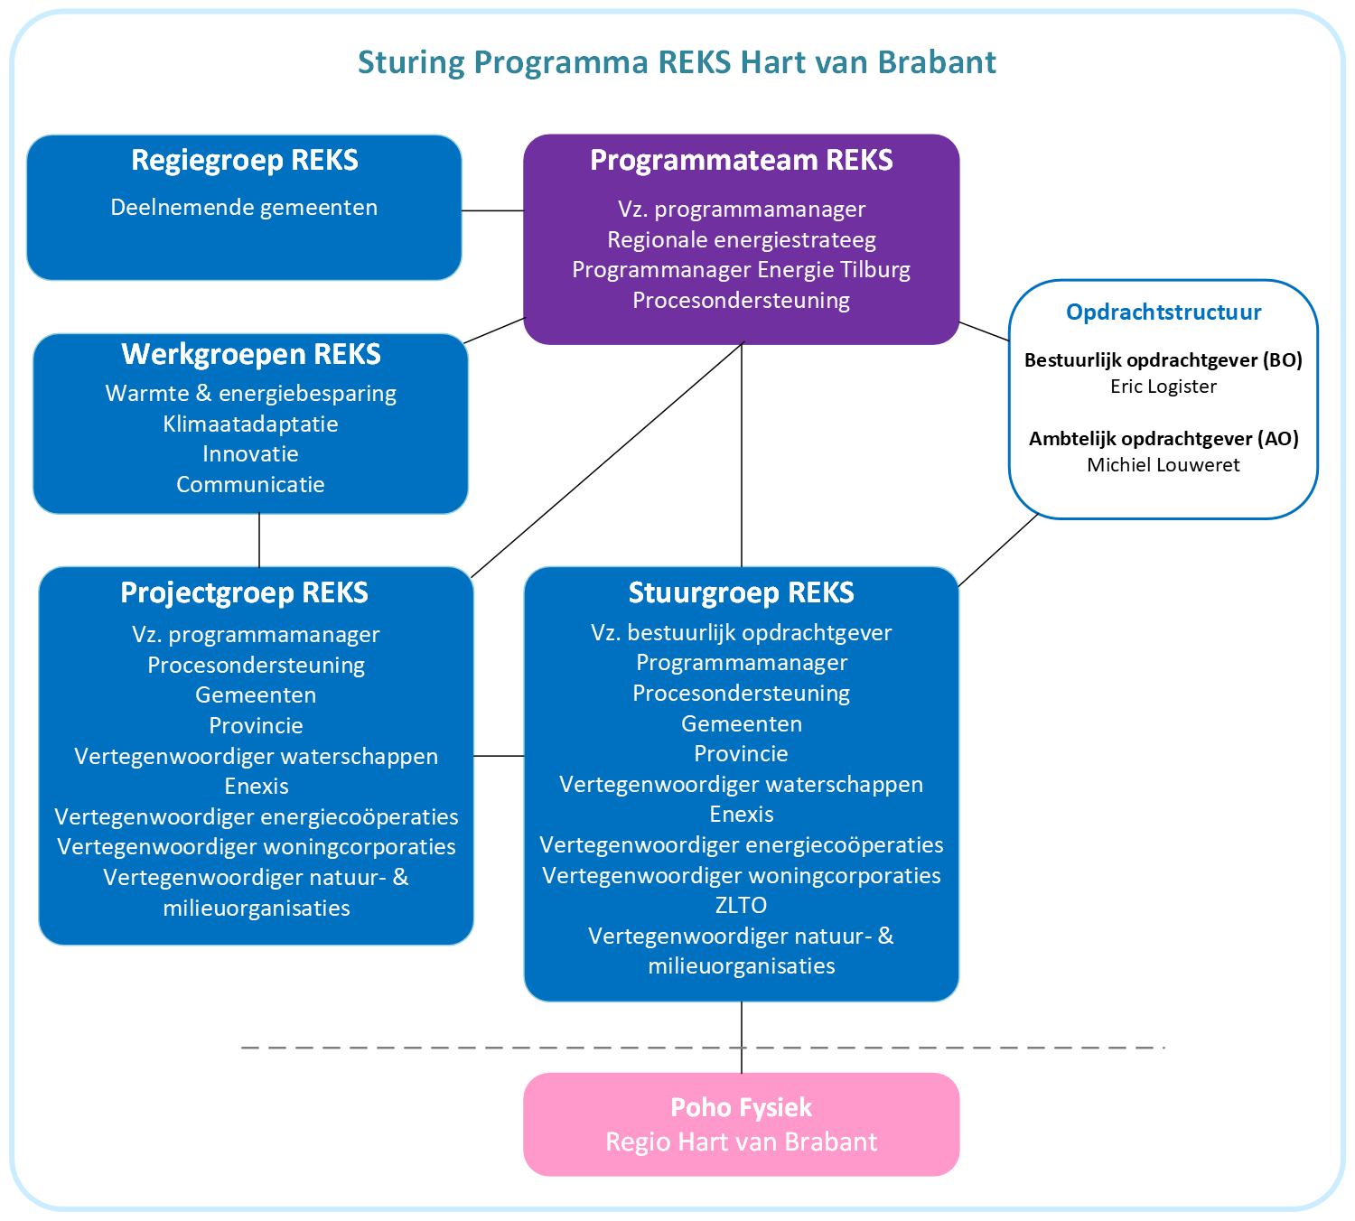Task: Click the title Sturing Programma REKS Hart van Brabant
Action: click(677, 62)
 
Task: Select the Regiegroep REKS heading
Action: click(245, 161)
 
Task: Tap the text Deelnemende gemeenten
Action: click(244, 208)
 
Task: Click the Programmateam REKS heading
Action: click(741, 161)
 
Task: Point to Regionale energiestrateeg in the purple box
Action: click(741, 240)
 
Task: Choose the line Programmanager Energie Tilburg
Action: click(741, 270)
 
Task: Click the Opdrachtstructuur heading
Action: click(1163, 312)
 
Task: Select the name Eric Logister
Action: click(1163, 387)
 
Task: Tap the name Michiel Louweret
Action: click(1163, 465)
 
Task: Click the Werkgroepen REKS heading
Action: click(251, 354)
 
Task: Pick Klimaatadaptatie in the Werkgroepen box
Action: click(251, 424)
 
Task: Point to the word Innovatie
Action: click(251, 454)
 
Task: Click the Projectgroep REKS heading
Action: click(245, 593)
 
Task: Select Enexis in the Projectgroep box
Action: click(257, 787)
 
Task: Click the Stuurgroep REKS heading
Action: click(741, 593)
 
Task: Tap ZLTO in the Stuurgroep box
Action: click(741, 906)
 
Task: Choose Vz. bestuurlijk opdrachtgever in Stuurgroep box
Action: click(741, 633)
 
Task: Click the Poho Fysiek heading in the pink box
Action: click(741, 1108)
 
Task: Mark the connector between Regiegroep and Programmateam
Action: click(492, 210)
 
